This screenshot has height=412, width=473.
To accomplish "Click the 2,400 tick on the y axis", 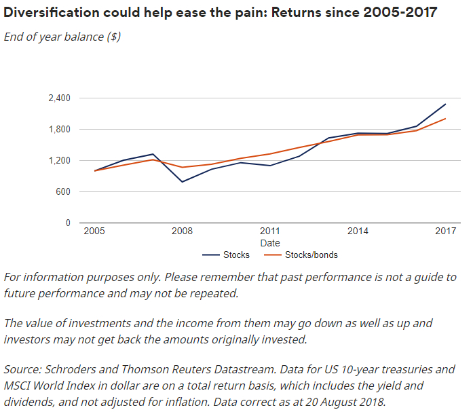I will click(60, 98).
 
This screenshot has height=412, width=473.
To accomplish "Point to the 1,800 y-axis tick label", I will click(60, 130).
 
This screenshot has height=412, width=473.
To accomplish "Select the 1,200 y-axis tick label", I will click(60, 161).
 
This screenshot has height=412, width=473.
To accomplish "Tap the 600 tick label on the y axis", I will click(63, 192).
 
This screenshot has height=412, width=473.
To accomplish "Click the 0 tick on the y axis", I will click(68, 223).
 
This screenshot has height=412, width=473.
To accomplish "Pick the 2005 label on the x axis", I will click(94, 231).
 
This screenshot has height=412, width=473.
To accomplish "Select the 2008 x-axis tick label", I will click(182, 231).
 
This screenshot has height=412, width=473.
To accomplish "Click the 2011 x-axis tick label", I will click(269, 231).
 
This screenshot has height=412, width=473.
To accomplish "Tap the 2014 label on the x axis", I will click(358, 231).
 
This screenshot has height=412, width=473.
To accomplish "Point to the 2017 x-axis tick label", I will click(445, 231).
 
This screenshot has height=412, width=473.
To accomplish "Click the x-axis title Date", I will click(269, 243).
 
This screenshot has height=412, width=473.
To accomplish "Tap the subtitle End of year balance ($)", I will click(62, 37).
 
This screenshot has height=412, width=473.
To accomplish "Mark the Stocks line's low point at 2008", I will click(182, 182).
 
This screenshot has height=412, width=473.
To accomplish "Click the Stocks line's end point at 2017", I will click(445, 104).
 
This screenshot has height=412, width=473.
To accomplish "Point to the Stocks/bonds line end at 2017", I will click(445, 119).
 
